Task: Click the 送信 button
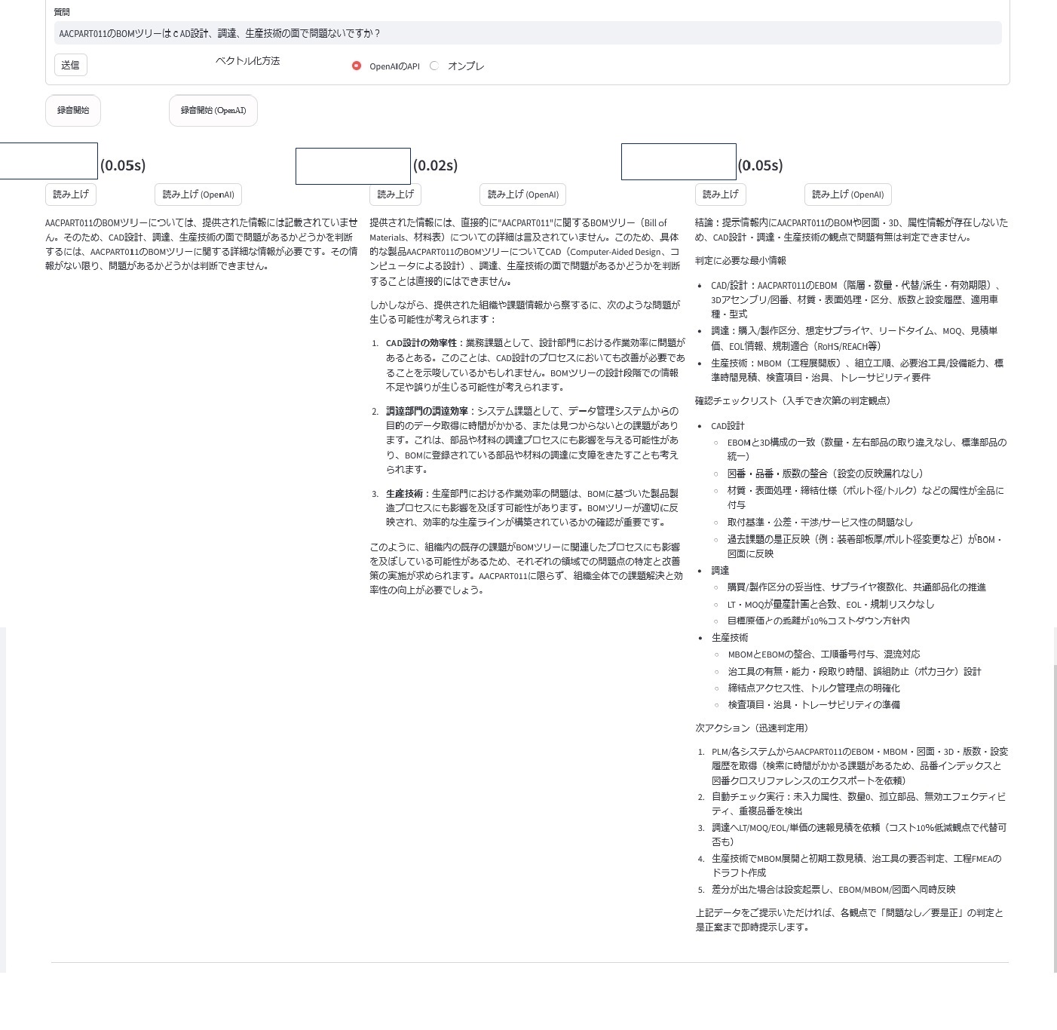coord(70,65)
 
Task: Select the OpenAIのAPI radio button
coord(357,66)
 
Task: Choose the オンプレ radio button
coord(434,66)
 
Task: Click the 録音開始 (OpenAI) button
coord(213,111)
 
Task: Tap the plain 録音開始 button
coord(73,111)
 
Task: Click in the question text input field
coord(528,33)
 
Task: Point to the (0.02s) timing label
coord(435,165)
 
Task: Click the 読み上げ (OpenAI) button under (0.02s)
coord(522,195)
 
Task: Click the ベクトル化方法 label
coord(247,61)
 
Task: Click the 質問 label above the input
coord(62,12)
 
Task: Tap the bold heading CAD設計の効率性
coord(421,343)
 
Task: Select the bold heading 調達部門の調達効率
coord(427,411)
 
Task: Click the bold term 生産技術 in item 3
coord(404,493)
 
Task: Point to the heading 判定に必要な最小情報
coord(740,260)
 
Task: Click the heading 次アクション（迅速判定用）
coord(751,728)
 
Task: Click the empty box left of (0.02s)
coord(353,166)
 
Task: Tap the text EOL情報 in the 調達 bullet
coord(746,346)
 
